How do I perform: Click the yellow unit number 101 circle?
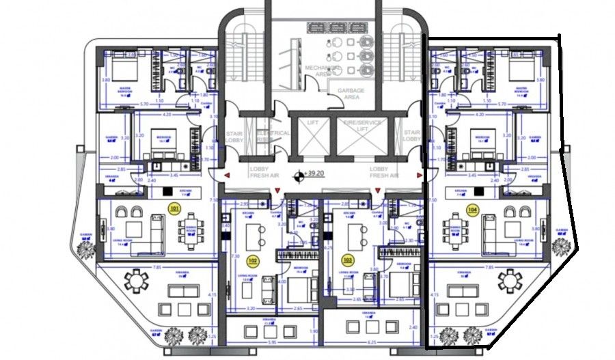click(x=174, y=208)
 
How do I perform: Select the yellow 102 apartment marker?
click(x=252, y=260)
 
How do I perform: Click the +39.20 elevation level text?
click(x=315, y=174)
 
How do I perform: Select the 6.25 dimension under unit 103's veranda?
click(x=372, y=343)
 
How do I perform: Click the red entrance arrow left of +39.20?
click(x=225, y=176)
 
